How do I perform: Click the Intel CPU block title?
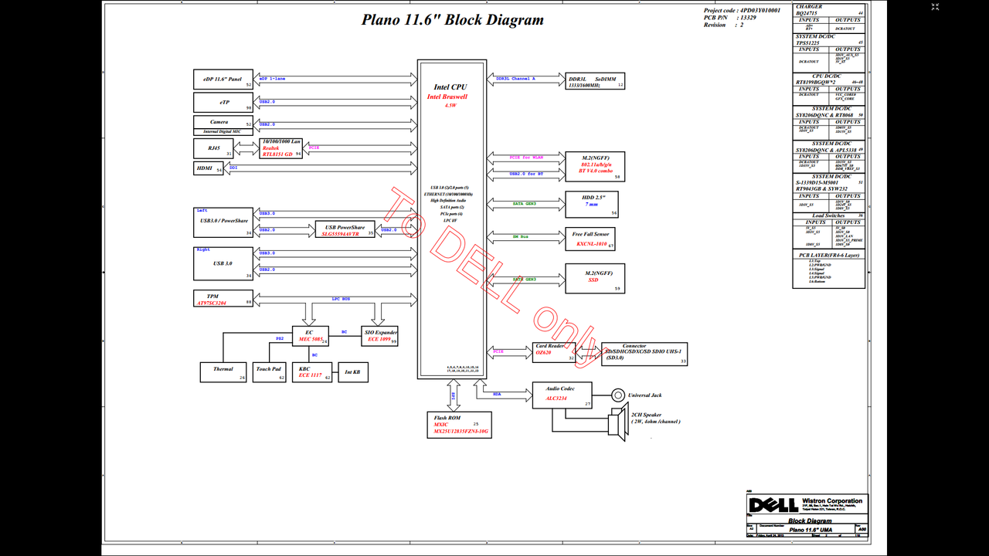(450, 87)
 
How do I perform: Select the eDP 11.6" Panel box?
(223, 80)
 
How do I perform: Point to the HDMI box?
(208, 168)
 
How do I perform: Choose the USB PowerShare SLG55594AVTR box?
(345, 229)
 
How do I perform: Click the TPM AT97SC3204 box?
(223, 299)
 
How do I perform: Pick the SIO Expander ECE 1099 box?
(381, 335)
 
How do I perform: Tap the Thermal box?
(223, 372)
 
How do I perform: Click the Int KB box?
(352, 372)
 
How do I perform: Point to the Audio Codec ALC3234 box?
(562, 395)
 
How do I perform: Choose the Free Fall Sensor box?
(591, 239)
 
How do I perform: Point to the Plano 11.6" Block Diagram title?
(453, 20)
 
